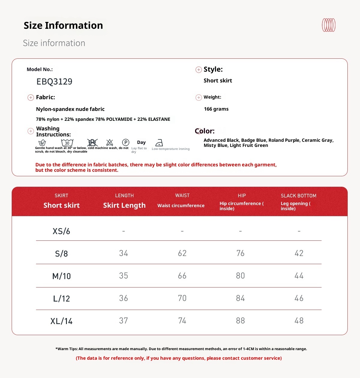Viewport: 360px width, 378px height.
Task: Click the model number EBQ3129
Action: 54,82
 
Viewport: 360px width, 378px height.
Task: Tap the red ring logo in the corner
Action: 328,25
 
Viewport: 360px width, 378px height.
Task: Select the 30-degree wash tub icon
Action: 67,143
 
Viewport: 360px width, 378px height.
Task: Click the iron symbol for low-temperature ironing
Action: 159,143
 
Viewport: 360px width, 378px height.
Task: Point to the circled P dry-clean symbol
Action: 126,142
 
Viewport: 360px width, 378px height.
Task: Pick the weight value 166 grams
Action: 216,109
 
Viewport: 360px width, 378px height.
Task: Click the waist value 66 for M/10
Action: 182,276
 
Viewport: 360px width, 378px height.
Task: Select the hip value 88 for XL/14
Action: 240,321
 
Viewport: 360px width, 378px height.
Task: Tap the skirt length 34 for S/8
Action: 123,253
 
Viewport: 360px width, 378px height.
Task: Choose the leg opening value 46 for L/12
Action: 299,298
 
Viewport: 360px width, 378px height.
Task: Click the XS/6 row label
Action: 61,231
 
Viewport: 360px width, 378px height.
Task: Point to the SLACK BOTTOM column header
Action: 298,196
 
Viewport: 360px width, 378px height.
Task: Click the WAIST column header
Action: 182,195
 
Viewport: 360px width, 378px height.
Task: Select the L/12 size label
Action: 61,299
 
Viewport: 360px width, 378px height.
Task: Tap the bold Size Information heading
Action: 63,25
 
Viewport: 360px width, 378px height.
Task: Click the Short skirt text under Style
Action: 218,81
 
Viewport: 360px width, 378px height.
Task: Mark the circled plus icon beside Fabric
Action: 31,97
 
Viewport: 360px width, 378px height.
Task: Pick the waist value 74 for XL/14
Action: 182,321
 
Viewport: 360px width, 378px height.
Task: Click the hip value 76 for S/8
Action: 240,253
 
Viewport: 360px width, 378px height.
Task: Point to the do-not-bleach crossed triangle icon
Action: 110,142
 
